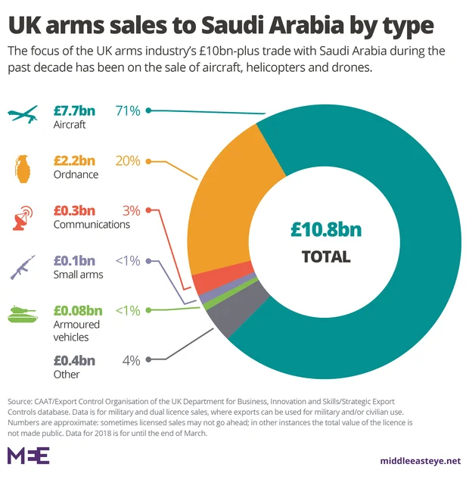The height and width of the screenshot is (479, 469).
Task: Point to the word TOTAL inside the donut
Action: tap(326, 257)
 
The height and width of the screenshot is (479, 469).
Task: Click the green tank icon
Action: tap(22, 315)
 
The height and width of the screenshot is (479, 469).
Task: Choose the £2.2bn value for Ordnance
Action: tap(74, 160)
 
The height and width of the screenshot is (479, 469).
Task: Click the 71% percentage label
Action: tap(128, 110)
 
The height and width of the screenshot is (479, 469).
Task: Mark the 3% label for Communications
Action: tap(131, 210)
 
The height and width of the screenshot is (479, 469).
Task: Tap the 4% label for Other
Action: tap(131, 360)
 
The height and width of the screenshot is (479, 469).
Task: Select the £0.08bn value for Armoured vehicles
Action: tap(77, 309)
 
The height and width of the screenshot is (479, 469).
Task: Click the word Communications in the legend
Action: tap(92, 224)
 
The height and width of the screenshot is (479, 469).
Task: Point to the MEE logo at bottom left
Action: tap(28, 455)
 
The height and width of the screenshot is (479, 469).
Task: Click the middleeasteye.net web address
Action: tap(420, 460)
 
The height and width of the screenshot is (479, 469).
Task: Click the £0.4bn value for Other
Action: tap(74, 360)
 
